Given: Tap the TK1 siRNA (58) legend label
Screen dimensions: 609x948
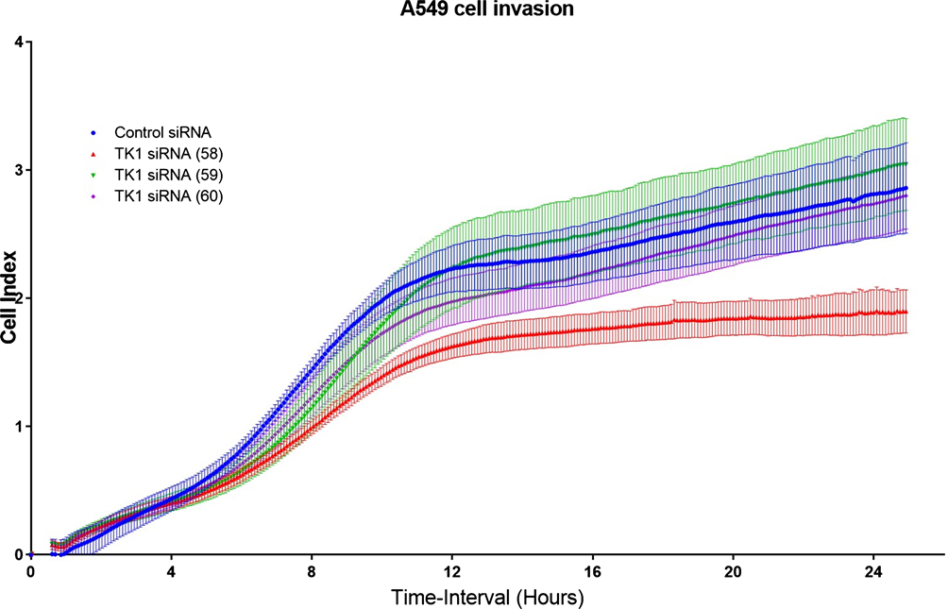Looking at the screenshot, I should (x=167, y=155).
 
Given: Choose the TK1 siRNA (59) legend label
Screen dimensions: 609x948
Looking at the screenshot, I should (x=167, y=175).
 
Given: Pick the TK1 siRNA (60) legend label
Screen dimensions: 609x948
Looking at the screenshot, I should (x=167, y=195).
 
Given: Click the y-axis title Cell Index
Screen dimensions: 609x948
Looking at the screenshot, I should (x=11, y=298).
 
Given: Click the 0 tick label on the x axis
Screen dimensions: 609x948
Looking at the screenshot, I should (x=30, y=572).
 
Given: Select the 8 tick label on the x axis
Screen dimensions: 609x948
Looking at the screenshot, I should (x=312, y=572).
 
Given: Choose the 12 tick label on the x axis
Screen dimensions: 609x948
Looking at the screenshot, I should (x=451, y=572).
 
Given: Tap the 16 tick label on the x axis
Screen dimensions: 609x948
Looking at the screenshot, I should (x=592, y=572).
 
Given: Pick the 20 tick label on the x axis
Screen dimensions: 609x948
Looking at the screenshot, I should (x=733, y=572).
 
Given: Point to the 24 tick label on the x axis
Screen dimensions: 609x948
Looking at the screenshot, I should (x=873, y=572).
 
